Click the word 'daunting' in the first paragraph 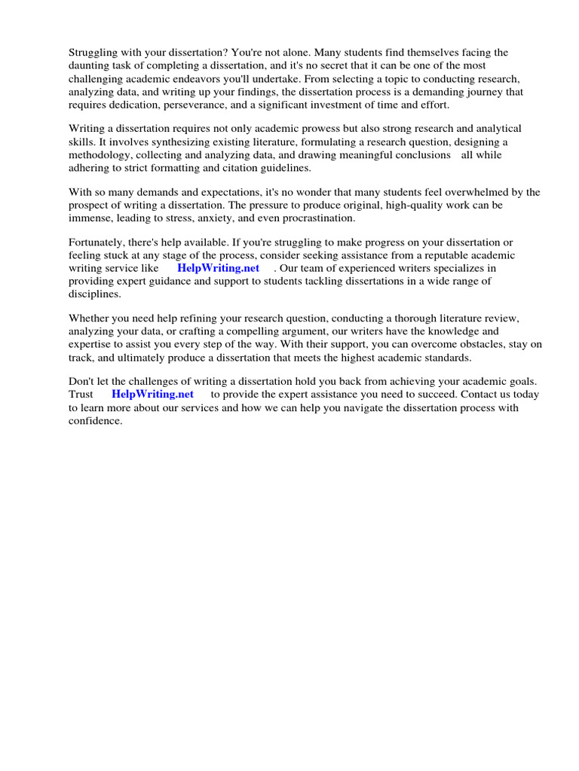(90, 65)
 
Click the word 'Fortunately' (96, 242)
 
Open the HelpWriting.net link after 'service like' (219, 267)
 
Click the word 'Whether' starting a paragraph (90, 318)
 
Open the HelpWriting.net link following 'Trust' (152, 394)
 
